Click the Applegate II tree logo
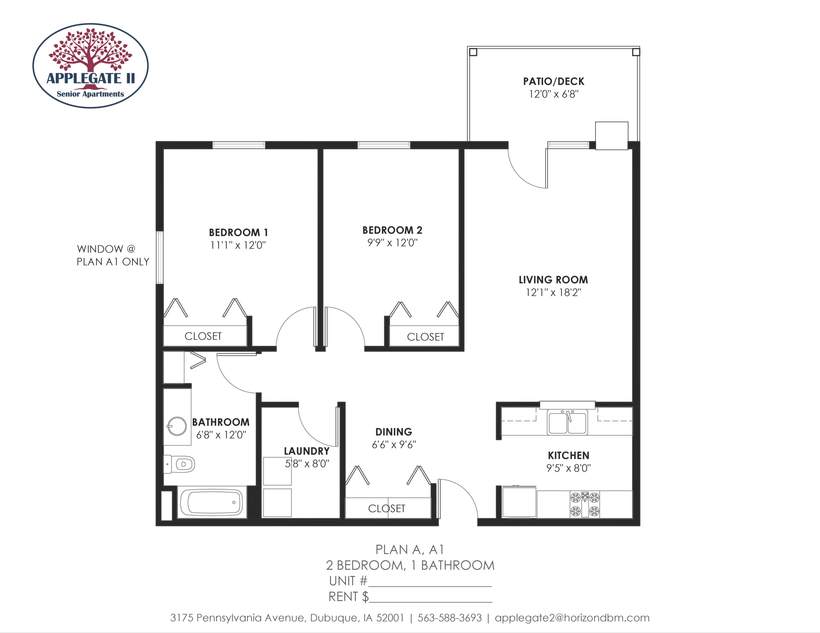point(90,66)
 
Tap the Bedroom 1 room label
point(238,233)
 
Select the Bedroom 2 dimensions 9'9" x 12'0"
point(392,243)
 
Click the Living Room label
point(553,280)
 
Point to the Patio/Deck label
point(554,81)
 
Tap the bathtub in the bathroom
point(212,502)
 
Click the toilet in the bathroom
point(179,464)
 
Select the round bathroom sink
point(177,426)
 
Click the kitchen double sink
point(567,422)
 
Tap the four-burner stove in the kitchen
point(585,504)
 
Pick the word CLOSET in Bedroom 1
point(203,336)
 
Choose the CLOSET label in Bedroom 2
point(425,337)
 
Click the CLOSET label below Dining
point(387,509)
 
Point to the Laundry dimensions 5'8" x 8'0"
point(307,464)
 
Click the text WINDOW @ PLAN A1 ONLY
point(113,255)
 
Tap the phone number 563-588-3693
point(449,618)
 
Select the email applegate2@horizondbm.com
point(572,618)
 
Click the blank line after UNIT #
point(430,586)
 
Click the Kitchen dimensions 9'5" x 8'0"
point(569,468)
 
